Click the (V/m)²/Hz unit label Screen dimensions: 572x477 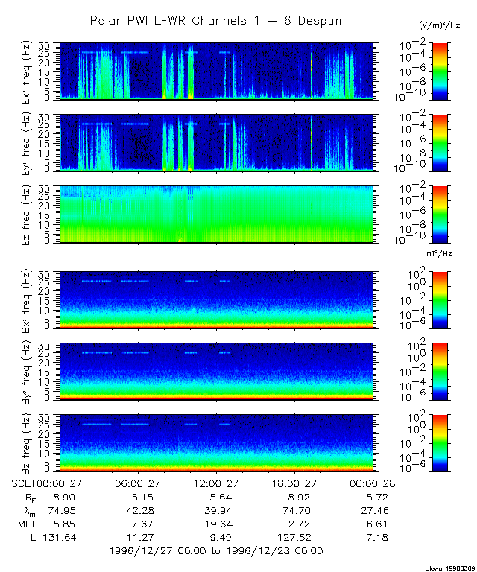tap(440, 26)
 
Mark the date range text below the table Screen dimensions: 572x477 tap(216, 551)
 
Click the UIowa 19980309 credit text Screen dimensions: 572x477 tap(449, 567)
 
